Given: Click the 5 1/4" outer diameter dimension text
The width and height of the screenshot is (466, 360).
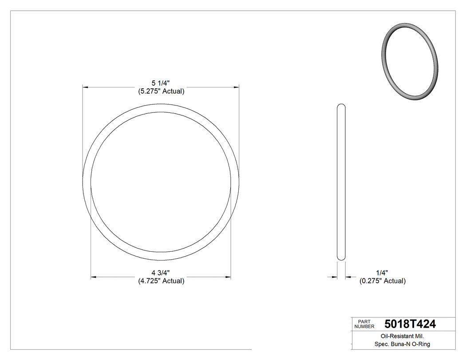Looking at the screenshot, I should (161, 83).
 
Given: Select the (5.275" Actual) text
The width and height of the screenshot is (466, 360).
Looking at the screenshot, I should (161, 91).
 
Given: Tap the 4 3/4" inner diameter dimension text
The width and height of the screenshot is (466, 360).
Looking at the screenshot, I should (161, 273).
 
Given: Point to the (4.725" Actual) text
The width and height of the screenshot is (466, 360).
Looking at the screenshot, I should (161, 281).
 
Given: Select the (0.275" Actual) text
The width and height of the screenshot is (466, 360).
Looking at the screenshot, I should (382, 281).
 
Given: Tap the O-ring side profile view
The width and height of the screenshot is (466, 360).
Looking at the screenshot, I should (341, 182).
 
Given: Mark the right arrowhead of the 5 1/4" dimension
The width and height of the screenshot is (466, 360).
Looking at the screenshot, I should (236, 87).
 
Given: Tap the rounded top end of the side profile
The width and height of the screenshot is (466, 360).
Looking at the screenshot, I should (341, 107).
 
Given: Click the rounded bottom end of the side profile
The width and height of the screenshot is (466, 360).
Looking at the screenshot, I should (341, 257).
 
